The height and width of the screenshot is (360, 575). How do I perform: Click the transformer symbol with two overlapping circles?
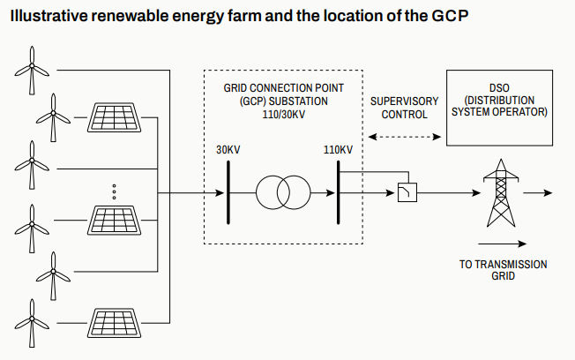coord(283,191)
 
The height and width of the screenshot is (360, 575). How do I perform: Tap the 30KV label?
coord(228,149)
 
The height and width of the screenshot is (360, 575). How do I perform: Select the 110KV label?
coord(338,149)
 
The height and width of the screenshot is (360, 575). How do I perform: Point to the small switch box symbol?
coord(407,192)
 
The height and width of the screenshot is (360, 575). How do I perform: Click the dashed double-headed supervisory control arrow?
coord(405,137)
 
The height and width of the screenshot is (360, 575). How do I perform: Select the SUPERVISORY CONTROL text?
coord(404,108)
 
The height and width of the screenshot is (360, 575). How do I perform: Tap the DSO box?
coord(499,107)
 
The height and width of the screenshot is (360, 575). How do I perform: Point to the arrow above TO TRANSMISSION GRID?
coord(504,244)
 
